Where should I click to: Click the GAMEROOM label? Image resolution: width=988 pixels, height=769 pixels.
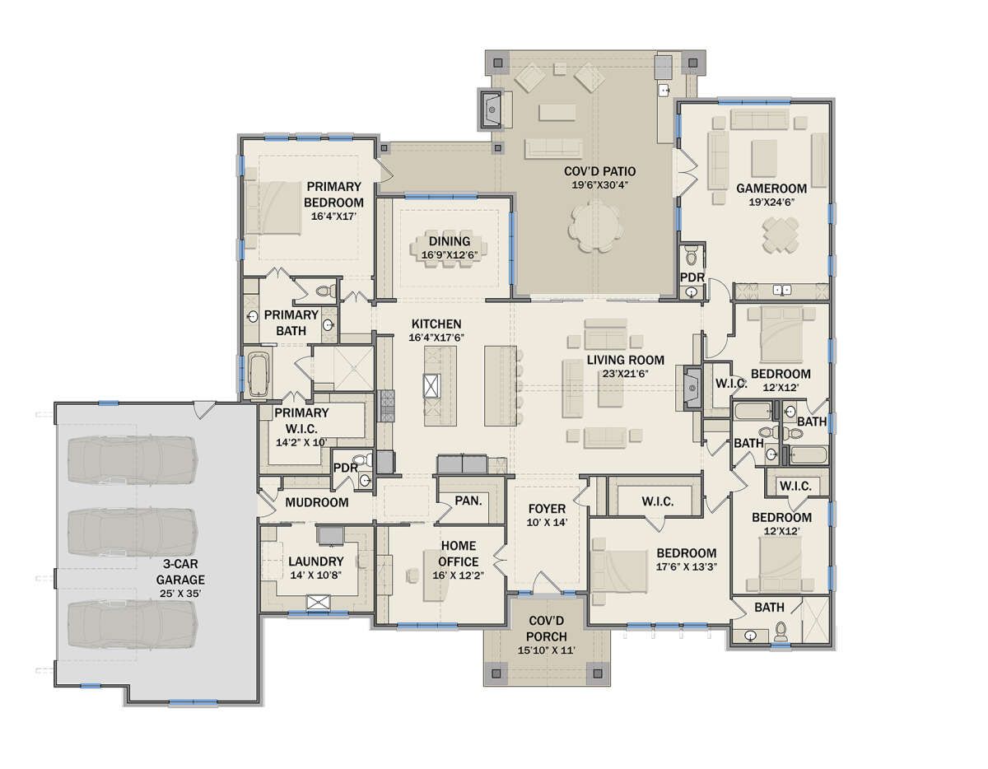(x=771, y=189)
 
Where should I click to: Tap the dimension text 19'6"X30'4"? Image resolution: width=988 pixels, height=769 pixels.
(x=599, y=185)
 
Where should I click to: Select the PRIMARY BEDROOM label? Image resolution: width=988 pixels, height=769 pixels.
(x=333, y=194)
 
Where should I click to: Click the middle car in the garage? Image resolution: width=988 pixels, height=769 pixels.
(x=133, y=531)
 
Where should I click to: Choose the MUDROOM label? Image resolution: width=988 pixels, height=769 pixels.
(x=317, y=502)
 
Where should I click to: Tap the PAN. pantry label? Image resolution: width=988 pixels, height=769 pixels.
(x=468, y=501)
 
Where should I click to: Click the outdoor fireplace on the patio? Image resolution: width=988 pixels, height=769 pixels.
(x=490, y=110)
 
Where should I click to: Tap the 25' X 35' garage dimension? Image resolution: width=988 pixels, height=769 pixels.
(x=180, y=594)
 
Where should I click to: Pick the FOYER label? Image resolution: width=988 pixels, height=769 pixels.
(x=547, y=509)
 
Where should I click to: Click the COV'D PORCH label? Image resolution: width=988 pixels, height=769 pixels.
(x=547, y=629)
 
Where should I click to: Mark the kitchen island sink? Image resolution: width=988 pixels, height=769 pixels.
(x=431, y=386)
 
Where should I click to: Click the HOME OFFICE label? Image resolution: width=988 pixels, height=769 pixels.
(x=459, y=553)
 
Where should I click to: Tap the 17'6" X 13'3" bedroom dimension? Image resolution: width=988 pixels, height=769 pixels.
(x=687, y=567)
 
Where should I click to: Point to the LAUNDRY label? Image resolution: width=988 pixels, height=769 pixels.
(x=316, y=562)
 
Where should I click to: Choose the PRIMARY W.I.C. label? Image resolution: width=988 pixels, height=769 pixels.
(x=301, y=421)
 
